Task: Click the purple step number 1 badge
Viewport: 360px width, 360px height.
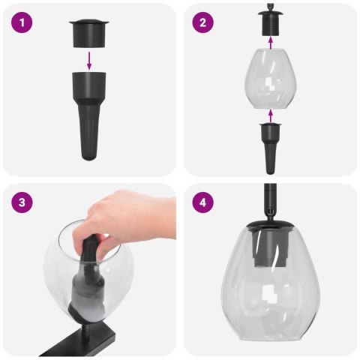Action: coord(24,23)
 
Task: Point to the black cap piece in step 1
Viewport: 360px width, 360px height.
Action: coord(90,32)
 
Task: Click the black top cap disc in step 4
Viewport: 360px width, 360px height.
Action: coord(268,223)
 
